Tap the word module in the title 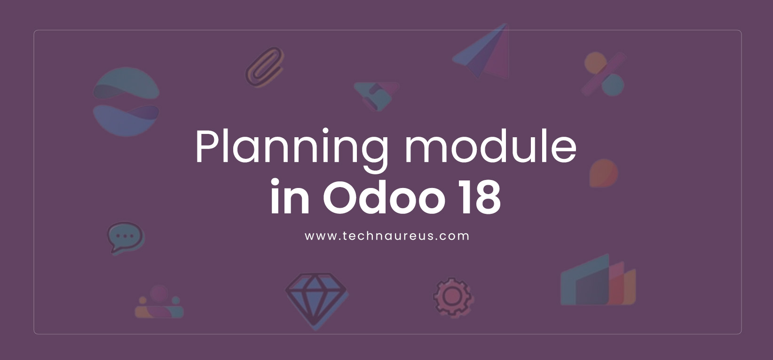click(x=490, y=146)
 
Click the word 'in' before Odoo click(x=290, y=196)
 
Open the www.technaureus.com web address click(x=387, y=236)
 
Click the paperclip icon click(x=265, y=67)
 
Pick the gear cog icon click(x=453, y=297)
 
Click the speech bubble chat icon click(x=126, y=238)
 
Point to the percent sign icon click(x=604, y=74)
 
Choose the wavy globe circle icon click(x=126, y=102)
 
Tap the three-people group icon click(x=159, y=302)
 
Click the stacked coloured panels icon click(x=598, y=280)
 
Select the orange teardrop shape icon click(x=603, y=173)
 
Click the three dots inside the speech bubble click(x=125, y=236)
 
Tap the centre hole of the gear click(x=452, y=297)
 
